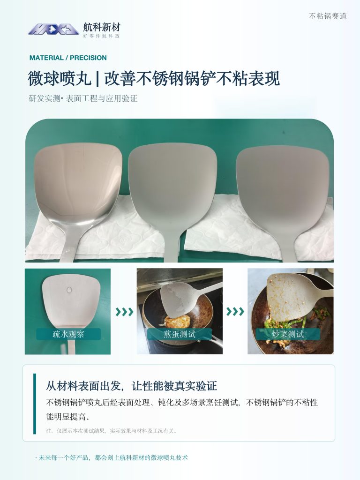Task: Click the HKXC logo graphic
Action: (53, 29)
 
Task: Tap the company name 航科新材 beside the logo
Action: (102, 28)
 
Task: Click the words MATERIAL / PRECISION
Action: (68, 58)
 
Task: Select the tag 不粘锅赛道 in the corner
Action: (328, 16)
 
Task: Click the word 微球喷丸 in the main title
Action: (60, 79)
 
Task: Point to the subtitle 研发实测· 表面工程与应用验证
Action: (83, 98)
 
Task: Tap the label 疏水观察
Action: (68, 334)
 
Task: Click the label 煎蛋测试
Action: (180, 334)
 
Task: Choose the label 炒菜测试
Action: (288, 334)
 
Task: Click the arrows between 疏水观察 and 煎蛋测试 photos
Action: (124, 312)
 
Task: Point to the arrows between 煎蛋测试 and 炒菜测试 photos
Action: (235, 312)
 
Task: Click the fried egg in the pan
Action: (177, 322)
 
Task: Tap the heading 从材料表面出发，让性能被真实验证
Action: (131, 386)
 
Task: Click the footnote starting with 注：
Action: (112, 431)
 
